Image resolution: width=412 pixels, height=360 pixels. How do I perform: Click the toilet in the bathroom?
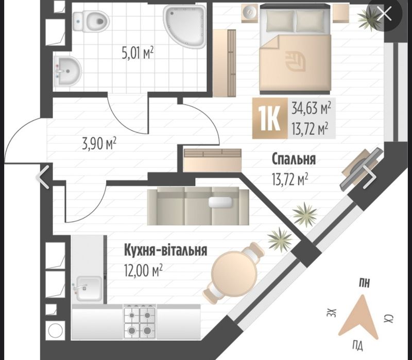coord(91,22)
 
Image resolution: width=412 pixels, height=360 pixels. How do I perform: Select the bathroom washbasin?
coord(67,71)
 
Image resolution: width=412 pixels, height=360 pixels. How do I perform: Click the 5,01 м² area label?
coord(138,53)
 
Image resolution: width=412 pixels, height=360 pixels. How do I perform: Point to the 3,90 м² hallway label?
coord(99,144)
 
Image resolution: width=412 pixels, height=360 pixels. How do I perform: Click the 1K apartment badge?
coord(270,118)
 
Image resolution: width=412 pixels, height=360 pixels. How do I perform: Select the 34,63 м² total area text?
coord(311,108)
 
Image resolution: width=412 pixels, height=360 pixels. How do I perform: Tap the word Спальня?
coord(294,159)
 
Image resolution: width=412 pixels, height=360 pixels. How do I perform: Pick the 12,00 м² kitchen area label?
coord(144,270)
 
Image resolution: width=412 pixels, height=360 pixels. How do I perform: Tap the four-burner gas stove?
coord(140,322)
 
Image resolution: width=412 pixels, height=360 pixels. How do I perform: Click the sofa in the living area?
coord(198,206)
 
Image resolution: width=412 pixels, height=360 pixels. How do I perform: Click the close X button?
coord(384,14)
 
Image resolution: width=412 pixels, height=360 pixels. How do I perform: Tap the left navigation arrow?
coord(43,177)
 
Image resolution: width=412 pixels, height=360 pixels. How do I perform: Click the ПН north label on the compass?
coord(365,283)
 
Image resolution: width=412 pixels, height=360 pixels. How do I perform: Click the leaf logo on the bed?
coord(295,61)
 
